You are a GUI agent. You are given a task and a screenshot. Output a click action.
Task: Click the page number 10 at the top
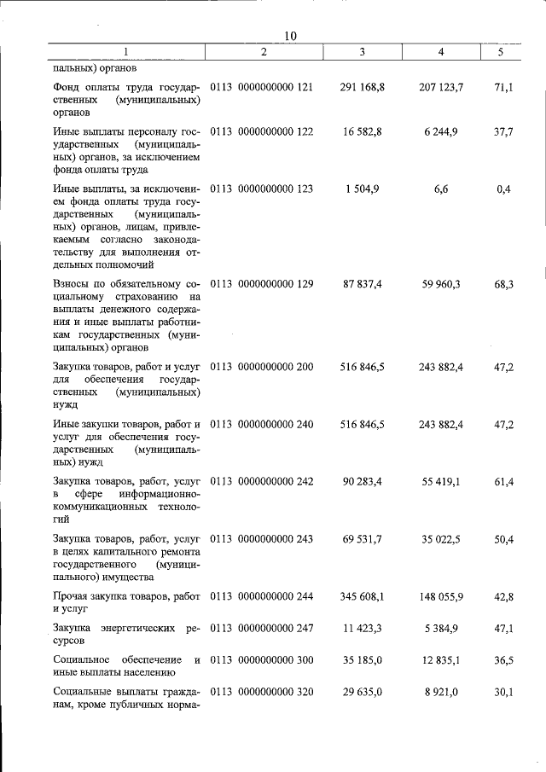coord(290,35)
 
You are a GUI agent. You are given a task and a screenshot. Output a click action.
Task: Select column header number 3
coord(363,52)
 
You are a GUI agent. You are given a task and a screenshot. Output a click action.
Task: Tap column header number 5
coord(501,52)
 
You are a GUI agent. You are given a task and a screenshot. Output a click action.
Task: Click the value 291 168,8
coord(363,87)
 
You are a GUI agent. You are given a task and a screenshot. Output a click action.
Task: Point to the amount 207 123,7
coord(442,87)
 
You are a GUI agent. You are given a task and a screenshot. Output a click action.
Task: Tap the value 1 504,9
coord(363,189)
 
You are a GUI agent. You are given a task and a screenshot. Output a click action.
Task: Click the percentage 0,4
coord(503,189)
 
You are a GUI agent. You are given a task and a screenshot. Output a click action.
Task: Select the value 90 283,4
coord(363,482)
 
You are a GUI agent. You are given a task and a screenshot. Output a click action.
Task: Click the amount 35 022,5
coord(442,539)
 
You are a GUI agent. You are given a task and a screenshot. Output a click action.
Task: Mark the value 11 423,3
coord(363,629)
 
